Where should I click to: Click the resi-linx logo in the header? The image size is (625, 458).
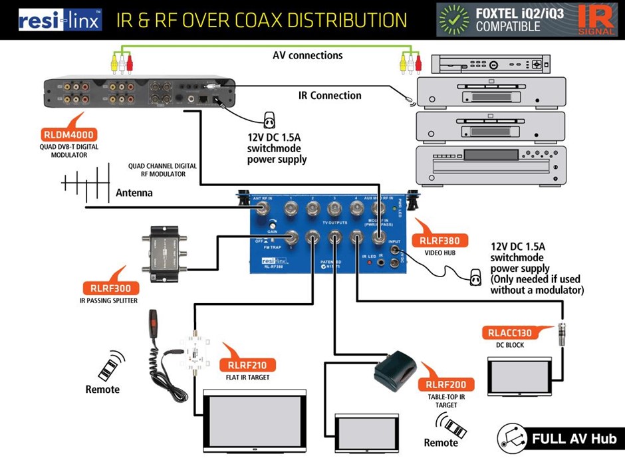tap(60, 19)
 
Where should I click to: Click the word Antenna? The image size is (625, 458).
tap(134, 193)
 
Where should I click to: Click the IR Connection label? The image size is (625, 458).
tap(330, 96)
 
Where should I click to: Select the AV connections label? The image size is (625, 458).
tap(308, 55)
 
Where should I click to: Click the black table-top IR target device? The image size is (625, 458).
tap(396, 374)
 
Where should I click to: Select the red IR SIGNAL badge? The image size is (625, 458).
tap(596, 19)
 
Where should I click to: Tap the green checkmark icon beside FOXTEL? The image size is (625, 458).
tap(454, 19)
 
